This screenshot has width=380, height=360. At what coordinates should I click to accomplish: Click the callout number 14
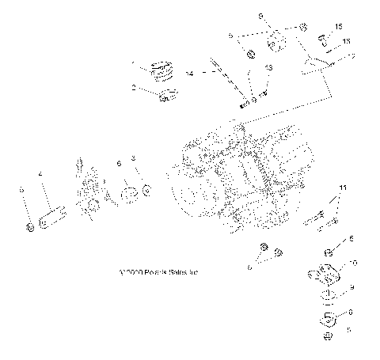pos(189,73)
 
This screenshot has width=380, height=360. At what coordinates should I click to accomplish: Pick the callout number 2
pos(135,89)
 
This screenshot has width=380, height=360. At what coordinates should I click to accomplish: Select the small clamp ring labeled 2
pos(168,97)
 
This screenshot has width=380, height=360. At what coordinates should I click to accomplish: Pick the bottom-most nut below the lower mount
pos(328,338)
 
